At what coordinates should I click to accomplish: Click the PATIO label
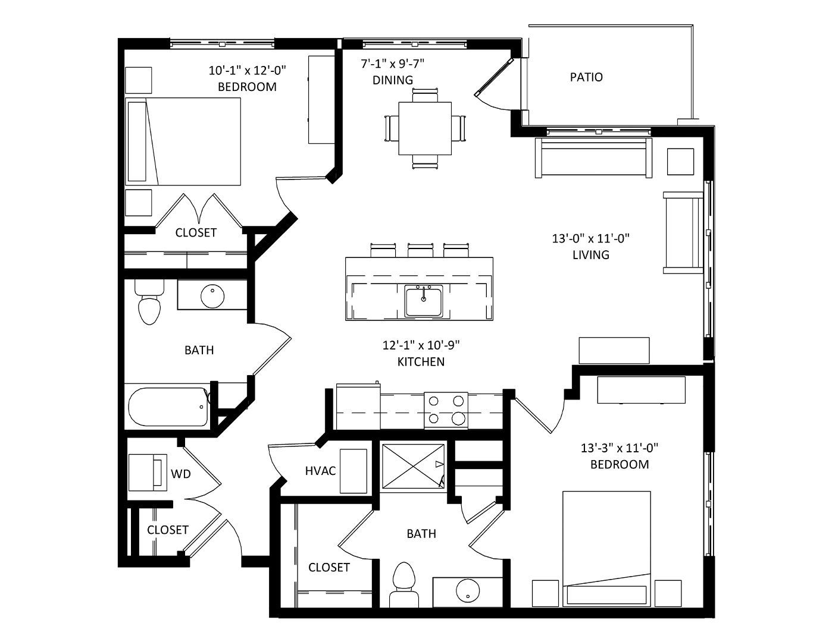coord(586,77)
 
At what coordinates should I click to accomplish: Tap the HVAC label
coord(320,471)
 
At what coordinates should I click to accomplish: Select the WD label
coord(181,474)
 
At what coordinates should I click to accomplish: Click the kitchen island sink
coord(424,302)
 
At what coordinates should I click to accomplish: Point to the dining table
coord(424,128)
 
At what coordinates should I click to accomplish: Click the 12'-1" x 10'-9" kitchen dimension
coord(421,345)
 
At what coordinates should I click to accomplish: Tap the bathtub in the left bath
coord(168,407)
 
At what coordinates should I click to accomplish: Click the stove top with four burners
coord(446,410)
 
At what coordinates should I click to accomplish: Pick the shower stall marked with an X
coord(414,465)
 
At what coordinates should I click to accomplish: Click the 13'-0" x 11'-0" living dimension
coord(590,238)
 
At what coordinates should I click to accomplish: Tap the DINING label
coord(392,80)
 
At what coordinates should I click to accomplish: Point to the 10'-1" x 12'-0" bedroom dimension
coord(248,70)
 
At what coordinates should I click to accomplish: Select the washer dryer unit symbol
coord(148,472)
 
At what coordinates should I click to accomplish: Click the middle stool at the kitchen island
coord(420,250)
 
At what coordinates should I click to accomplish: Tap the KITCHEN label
coord(421,362)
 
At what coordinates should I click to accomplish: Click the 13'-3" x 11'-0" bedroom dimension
coord(619,448)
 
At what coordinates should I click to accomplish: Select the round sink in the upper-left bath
coord(212,297)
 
